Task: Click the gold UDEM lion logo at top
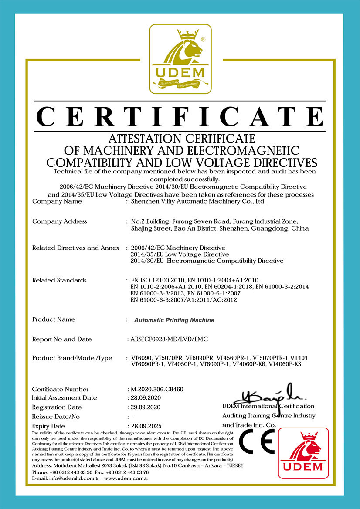click(180, 59)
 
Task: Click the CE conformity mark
click(256, 441)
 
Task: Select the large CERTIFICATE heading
click(180, 116)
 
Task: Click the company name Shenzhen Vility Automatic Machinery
click(198, 202)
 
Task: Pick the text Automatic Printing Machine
click(174, 320)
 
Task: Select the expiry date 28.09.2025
click(144, 425)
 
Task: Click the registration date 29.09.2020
click(144, 407)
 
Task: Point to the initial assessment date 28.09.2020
click(144, 398)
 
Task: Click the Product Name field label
click(54, 319)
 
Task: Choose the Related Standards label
click(59, 280)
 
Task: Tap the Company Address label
click(59, 221)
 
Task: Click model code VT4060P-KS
click(285, 364)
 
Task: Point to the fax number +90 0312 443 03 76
click(124, 472)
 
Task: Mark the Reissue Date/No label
click(56, 416)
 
